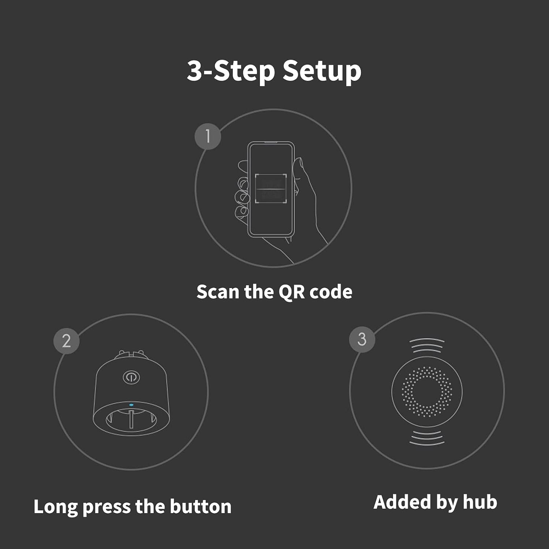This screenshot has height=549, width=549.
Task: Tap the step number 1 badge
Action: [x=208, y=137]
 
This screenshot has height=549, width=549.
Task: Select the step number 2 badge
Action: [x=66, y=341]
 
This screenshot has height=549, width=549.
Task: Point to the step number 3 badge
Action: [x=362, y=339]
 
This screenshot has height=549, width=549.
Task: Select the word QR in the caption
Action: [x=292, y=292]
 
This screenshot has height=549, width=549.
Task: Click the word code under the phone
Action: [x=331, y=292]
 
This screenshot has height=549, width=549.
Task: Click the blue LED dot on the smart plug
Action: [x=131, y=405]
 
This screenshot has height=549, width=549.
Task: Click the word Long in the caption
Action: [x=56, y=507]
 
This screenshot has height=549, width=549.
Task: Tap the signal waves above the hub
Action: [x=427, y=345]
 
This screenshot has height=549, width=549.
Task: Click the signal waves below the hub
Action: [x=427, y=438]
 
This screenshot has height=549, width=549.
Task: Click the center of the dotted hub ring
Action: [x=427, y=392]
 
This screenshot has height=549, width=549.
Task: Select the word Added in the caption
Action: [x=401, y=502]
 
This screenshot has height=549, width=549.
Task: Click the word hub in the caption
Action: [x=480, y=502]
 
